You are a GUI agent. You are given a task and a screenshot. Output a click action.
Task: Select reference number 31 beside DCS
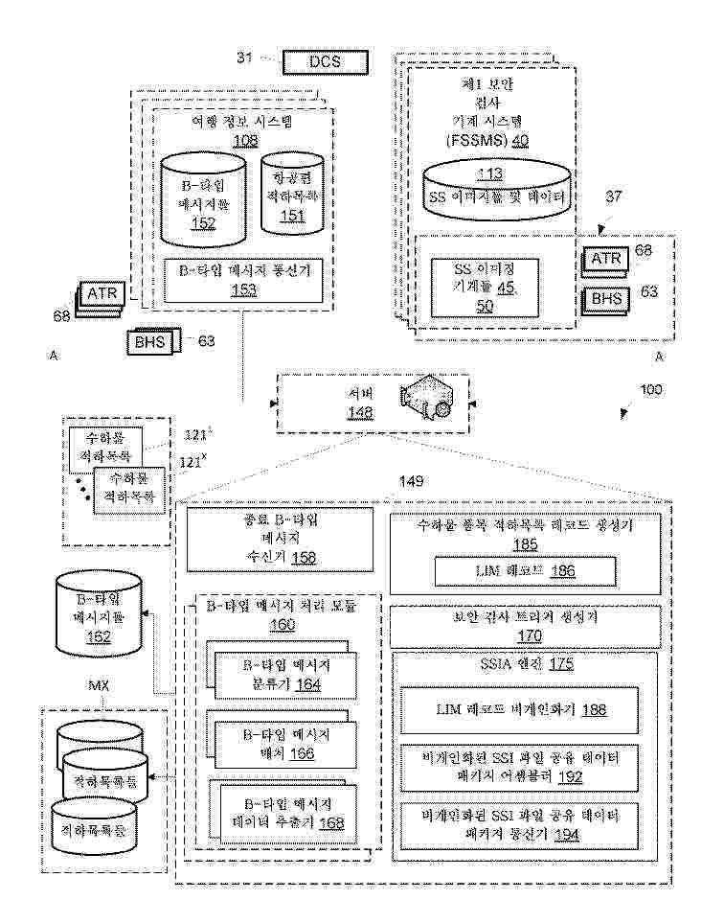pyautogui.click(x=245, y=59)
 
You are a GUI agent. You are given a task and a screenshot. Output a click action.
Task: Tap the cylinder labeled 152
pyautogui.click(x=202, y=196)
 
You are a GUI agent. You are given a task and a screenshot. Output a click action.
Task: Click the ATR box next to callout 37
pyautogui.click(x=606, y=259)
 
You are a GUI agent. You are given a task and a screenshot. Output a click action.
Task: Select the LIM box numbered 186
pyautogui.click(x=525, y=572)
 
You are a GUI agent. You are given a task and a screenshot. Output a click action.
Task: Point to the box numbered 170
pyautogui.click(x=525, y=627)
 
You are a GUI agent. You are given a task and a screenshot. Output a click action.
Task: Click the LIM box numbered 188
pyautogui.click(x=525, y=710)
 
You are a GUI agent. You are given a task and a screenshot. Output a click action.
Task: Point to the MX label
pyautogui.click(x=100, y=686)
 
